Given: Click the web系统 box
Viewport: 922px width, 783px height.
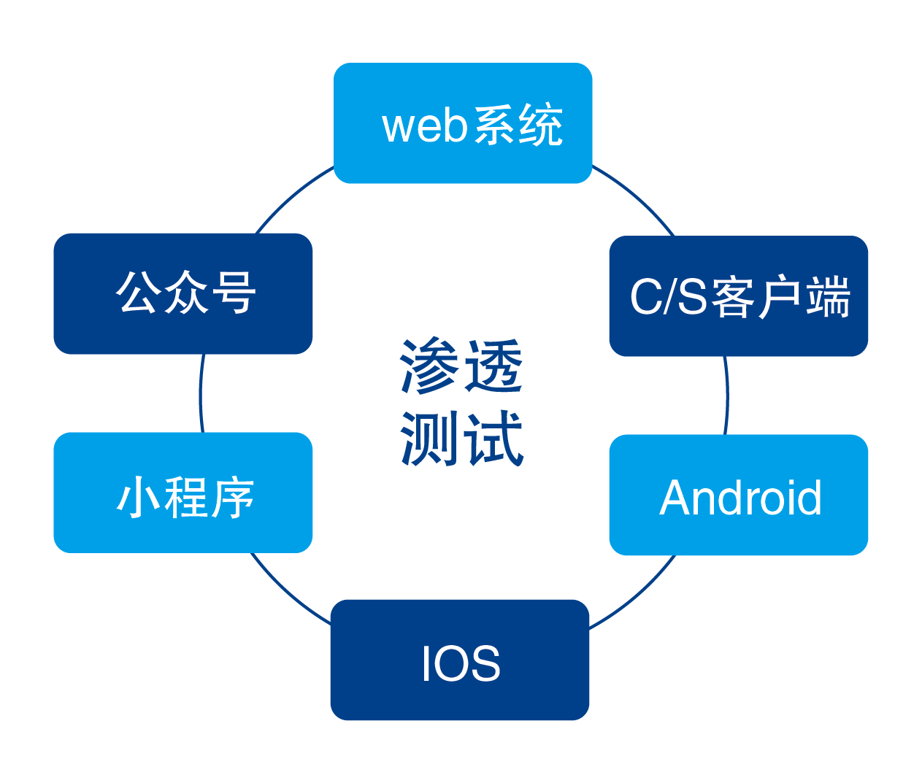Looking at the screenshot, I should [x=462, y=123].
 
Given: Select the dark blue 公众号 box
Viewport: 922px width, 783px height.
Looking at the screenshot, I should [x=183, y=293].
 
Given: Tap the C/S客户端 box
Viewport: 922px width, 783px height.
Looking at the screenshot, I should [x=738, y=296].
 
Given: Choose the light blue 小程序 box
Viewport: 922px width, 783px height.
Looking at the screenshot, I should [x=183, y=493].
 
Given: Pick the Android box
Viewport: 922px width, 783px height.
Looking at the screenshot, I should [x=738, y=495].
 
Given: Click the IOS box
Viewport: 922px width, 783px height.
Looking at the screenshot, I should [x=459, y=660].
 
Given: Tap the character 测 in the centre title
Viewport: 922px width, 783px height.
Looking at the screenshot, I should [x=429, y=438].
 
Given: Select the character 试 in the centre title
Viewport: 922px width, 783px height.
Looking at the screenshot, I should [x=495, y=438].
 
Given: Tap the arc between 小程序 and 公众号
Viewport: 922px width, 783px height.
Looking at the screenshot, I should [x=200, y=394].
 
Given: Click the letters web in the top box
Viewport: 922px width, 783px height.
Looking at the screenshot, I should [x=424, y=126].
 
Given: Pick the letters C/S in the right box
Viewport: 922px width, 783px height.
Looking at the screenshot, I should [x=668, y=297].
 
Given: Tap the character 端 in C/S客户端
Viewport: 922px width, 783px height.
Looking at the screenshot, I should [x=828, y=296].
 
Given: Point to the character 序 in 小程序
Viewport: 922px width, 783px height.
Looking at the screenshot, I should [x=231, y=498].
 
